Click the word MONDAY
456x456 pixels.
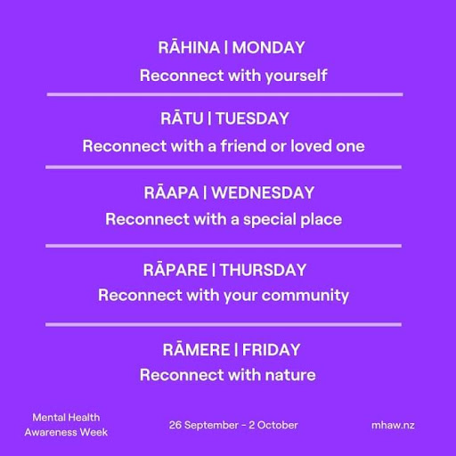268,48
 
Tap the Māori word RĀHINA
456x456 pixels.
189,47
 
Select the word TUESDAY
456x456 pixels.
252,118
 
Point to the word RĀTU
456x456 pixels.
182,118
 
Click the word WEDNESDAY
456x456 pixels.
263,193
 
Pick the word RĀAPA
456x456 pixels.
171,192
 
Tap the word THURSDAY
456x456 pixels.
264,270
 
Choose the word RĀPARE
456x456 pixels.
175,269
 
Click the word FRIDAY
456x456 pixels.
271,350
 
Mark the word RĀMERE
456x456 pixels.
196,349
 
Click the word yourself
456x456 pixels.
297,76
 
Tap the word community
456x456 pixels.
305,296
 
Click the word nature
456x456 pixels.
290,375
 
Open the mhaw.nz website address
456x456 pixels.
393,425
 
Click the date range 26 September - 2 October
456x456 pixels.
233,425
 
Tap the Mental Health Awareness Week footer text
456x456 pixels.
66,425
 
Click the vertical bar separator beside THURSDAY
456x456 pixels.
214,270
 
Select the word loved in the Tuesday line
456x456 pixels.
311,146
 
